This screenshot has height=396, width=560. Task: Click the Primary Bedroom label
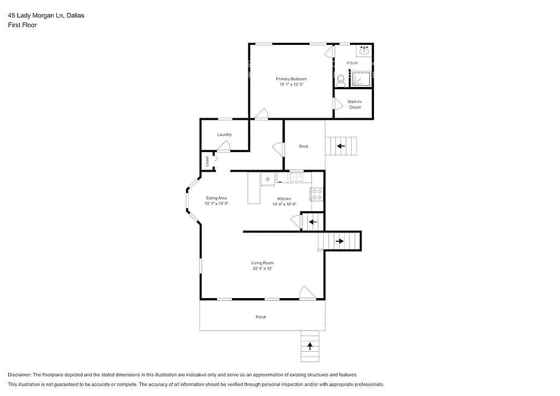click(291, 79)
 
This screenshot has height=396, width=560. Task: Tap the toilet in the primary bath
click(340, 80)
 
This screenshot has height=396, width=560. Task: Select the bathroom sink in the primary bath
click(364, 52)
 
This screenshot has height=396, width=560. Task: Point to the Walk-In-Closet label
click(355, 104)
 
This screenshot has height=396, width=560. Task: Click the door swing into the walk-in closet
click(337, 103)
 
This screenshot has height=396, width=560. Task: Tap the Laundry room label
click(224, 135)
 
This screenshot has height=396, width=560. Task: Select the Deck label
click(304, 146)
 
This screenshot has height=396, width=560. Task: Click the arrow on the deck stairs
click(341, 146)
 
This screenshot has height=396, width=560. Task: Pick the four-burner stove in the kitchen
click(317, 194)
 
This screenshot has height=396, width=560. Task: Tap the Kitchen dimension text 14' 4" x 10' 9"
click(284, 204)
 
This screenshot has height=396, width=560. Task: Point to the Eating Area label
click(216, 198)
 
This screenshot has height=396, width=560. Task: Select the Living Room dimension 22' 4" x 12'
click(262, 269)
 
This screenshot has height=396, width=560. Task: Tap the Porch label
click(261, 317)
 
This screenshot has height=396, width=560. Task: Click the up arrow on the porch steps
click(310, 346)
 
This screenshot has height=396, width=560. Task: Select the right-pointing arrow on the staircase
click(340, 241)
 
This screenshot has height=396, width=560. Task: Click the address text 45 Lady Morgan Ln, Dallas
click(46, 16)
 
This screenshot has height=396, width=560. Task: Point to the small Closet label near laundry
click(207, 161)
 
